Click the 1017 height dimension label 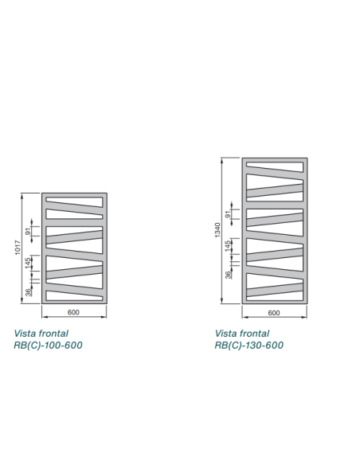pyautogui.click(x=18, y=247)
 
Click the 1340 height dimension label pyautogui.click(x=217, y=230)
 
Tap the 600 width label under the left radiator pyautogui.click(x=73, y=312)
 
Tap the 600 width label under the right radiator pyautogui.click(x=274, y=313)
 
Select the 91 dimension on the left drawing pyautogui.click(x=28, y=231)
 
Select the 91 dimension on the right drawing pyautogui.click(x=228, y=214)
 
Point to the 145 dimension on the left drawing pyautogui.click(x=28, y=263)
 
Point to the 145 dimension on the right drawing pyautogui.click(x=228, y=246)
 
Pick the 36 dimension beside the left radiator pyautogui.click(x=28, y=292)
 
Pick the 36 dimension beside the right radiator pyautogui.click(x=228, y=275)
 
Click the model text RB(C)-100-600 pyautogui.click(x=48, y=346)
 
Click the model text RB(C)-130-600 pyautogui.click(x=249, y=346)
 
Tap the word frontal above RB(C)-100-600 pyautogui.click(x=54, y=334)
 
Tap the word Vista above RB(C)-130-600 pyautogui.click(x=226, y=334)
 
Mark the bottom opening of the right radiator pyautogui.click(x=275, y=298)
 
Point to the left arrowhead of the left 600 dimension pyautogui.click(x=45, y=317)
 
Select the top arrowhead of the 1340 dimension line pyautogui.click(x=221, y=161)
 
